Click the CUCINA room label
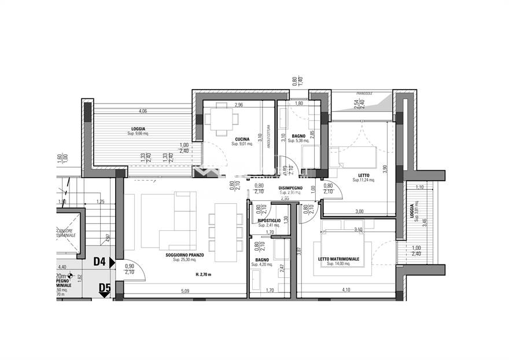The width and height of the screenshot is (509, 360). click(241, 138)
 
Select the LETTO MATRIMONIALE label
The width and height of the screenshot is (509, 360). click(338, 259)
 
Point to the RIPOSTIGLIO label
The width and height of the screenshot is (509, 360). click(269, 221)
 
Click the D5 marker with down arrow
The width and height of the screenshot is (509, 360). click(104, 288)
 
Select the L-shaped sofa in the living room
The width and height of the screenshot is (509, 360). click(174, 223)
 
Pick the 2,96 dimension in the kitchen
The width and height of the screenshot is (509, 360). click(238, 105)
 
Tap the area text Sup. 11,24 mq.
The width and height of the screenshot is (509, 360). click(364, 180)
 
